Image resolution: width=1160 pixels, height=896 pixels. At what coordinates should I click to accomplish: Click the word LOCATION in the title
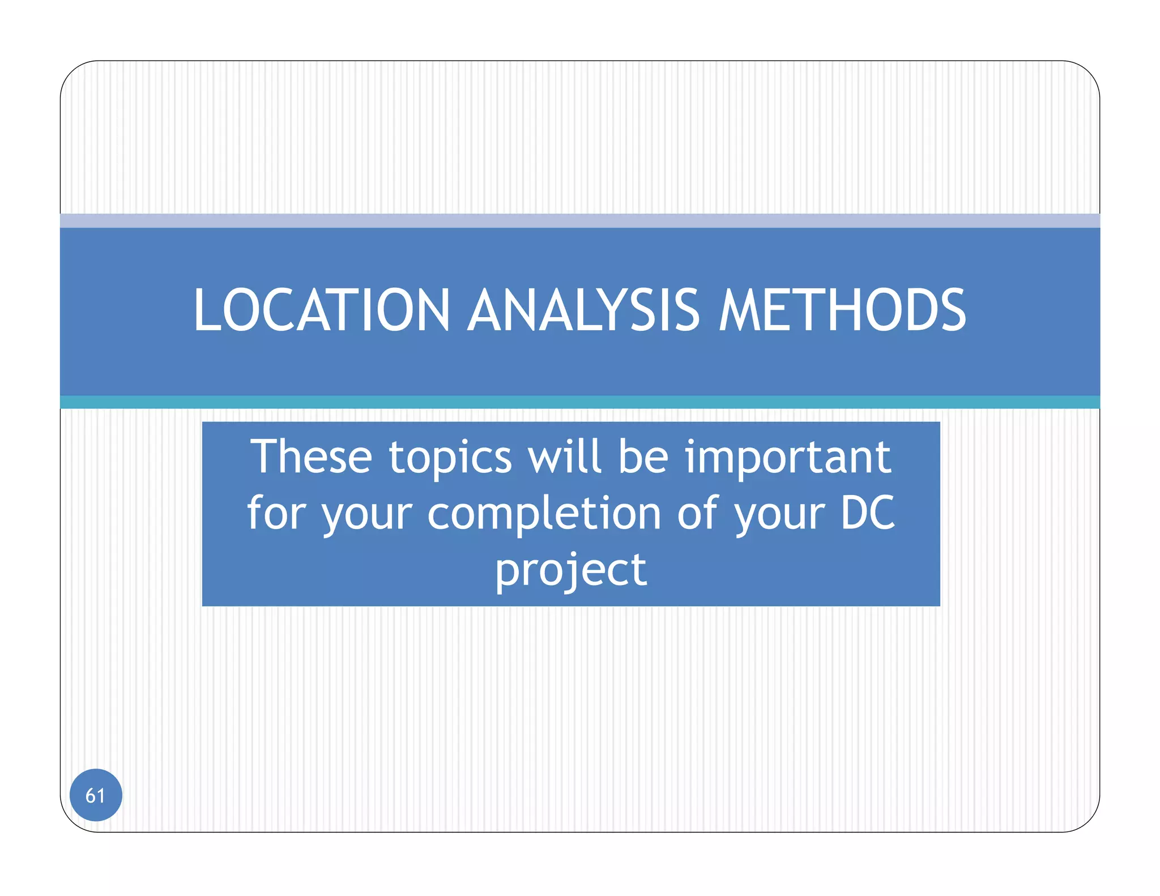[322, 310]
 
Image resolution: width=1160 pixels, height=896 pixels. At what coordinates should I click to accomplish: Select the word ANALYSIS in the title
[583, 310]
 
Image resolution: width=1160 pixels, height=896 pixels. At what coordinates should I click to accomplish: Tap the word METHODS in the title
[842, 310]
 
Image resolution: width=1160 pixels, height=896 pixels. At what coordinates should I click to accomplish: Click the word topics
[450, 458]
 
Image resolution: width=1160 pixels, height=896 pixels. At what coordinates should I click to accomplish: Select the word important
[788, 458]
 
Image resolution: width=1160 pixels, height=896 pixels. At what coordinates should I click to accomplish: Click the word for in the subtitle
[276, 513]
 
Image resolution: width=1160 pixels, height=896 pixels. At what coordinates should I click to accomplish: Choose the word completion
[544, 513]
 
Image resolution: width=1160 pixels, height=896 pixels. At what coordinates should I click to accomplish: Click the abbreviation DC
[867, 513]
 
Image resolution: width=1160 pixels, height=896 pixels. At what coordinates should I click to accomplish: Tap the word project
[571, 570]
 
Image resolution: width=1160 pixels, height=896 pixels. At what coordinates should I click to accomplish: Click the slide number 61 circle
[96, 795]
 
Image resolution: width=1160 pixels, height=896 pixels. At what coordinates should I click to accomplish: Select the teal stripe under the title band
[580, 402]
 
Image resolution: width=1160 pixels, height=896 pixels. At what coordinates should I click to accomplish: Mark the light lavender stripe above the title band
[580, 220]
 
